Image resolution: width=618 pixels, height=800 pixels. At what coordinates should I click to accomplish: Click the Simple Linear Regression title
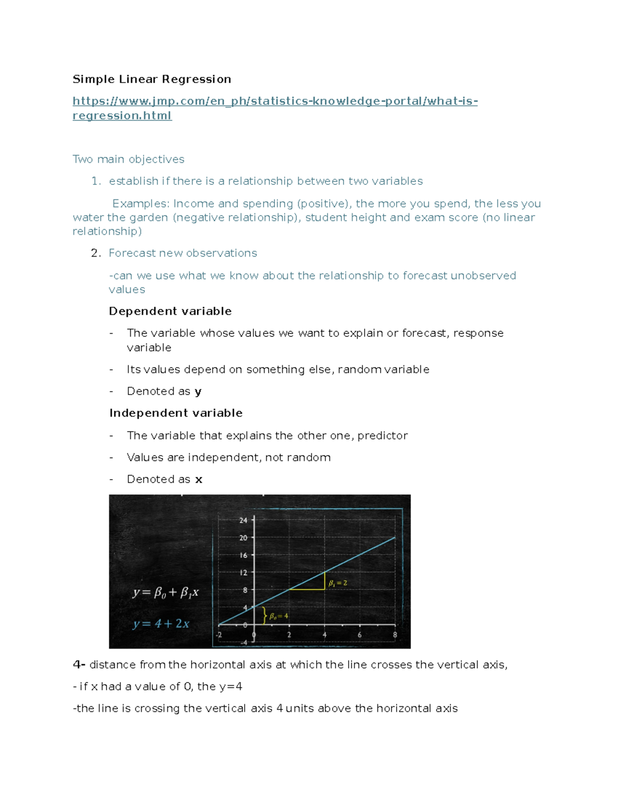(151, 79)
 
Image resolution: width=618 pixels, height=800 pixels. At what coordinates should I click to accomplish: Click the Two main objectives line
(128, 159)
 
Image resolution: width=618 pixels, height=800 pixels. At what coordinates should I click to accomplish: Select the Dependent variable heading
(170, 311)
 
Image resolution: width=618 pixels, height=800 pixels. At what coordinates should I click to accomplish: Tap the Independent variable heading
(176, 413)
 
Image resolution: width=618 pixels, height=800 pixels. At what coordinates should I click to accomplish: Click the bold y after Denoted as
(198, 392)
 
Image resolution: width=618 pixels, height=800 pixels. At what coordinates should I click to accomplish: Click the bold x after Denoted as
(199, 480)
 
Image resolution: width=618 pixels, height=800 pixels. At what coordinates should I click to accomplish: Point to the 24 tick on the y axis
(243, 520)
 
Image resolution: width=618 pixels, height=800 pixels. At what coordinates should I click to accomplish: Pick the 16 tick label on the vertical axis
(243, 555)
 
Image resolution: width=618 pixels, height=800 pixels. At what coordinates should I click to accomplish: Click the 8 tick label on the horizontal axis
(395, 635)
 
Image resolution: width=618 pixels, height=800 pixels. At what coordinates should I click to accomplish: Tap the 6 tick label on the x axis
(359, 635)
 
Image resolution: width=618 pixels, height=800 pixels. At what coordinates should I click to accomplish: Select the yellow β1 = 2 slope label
(338, 583)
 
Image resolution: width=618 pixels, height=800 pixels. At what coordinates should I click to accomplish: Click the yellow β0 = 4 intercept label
(279, 616)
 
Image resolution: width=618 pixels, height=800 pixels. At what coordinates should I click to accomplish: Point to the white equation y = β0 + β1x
(165, 593)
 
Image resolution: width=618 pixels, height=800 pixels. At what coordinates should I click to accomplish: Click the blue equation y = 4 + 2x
(161, 624)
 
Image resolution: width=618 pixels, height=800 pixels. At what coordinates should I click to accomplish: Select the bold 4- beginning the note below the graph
(79, 665)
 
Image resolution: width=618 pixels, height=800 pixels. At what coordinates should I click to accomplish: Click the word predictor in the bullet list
(382, 436)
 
